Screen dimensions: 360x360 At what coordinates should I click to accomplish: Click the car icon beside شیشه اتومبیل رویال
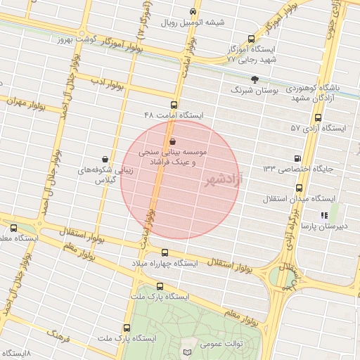pyautogui.click(x=193, y=12)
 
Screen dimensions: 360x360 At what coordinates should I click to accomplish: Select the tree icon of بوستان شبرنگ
pyautogui.click(x=254, y=80)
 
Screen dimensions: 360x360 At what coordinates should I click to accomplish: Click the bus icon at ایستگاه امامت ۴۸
pyautogui.click(x=174, y=104)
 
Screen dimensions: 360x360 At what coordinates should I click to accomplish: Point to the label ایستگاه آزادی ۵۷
pyautogui.click(x=319, y=128)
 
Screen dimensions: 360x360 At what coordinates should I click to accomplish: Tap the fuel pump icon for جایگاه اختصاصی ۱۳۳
pyautogui.click(x=298, y=158)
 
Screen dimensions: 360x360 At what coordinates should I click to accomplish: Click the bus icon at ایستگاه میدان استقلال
pyautogui.click(x=300, y=188)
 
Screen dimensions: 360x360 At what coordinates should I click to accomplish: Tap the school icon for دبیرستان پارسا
pyautogui.click(x=323, y=215)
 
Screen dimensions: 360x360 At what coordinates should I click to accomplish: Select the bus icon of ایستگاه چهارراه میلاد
pyautogui.click(x=165, y=252)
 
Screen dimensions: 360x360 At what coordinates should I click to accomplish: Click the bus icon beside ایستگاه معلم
pyautogui.click(x=14, y=228)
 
